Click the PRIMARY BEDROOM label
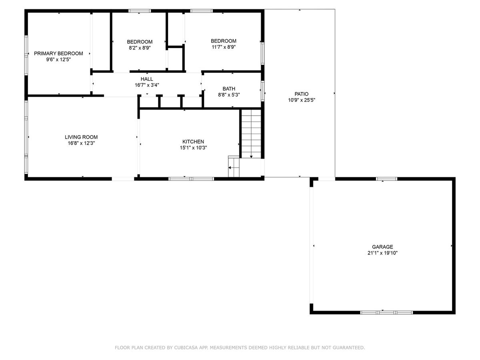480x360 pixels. (58, 54)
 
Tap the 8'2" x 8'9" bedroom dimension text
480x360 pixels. (140, 48)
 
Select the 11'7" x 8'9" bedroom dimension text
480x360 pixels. (224, 47)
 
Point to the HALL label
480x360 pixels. (147, 79)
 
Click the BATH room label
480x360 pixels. (229, 89)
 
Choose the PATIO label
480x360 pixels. (301, 94)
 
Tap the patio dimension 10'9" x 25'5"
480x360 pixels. (302, 100)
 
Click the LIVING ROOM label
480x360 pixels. (81, 137)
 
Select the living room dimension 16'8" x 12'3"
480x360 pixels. (81, 143)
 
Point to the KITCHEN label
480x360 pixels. (193, 142)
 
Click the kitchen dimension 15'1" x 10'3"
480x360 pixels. (193, 148)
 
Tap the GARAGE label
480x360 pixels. (382, 247)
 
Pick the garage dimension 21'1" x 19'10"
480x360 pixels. (382, 253)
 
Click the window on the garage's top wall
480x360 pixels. (386, 179)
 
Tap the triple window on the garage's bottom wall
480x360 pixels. (386, 312)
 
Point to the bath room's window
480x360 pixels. (263, 91)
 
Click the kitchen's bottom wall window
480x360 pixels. (191, 179)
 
